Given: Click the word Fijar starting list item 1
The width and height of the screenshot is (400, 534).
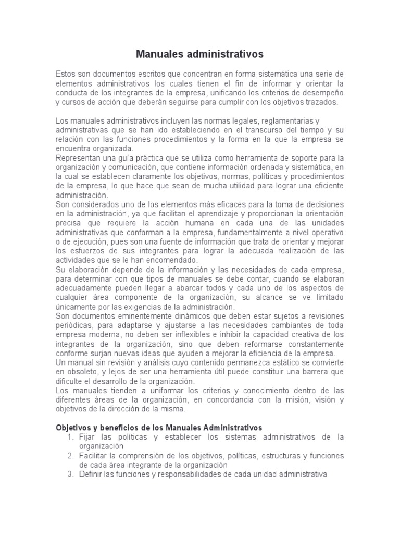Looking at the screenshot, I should point(87,436).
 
